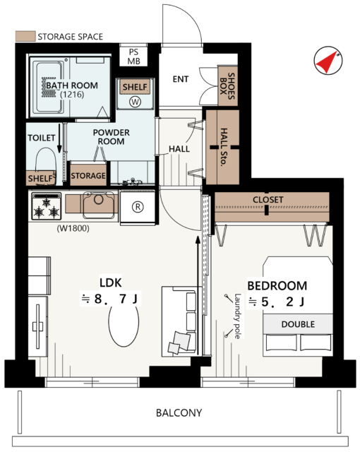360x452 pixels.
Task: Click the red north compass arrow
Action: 327,62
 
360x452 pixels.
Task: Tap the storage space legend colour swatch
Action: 25,36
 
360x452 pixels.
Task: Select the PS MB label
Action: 133,56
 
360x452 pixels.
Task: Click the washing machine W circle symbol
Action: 135,102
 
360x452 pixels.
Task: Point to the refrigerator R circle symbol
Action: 138,207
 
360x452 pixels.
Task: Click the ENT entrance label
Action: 181,79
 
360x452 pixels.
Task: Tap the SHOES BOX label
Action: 227,86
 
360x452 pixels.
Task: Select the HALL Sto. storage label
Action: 224,147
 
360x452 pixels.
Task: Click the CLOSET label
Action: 268,199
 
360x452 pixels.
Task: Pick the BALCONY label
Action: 179,412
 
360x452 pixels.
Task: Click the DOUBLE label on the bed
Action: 298,324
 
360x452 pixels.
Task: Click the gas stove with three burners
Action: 47,206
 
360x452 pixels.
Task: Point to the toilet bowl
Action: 46,160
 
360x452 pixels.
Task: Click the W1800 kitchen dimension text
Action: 73,229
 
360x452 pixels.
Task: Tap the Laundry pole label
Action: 238,316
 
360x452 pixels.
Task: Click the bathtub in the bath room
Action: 48,88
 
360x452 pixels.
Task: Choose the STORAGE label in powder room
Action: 88,176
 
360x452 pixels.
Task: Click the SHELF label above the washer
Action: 135,87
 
